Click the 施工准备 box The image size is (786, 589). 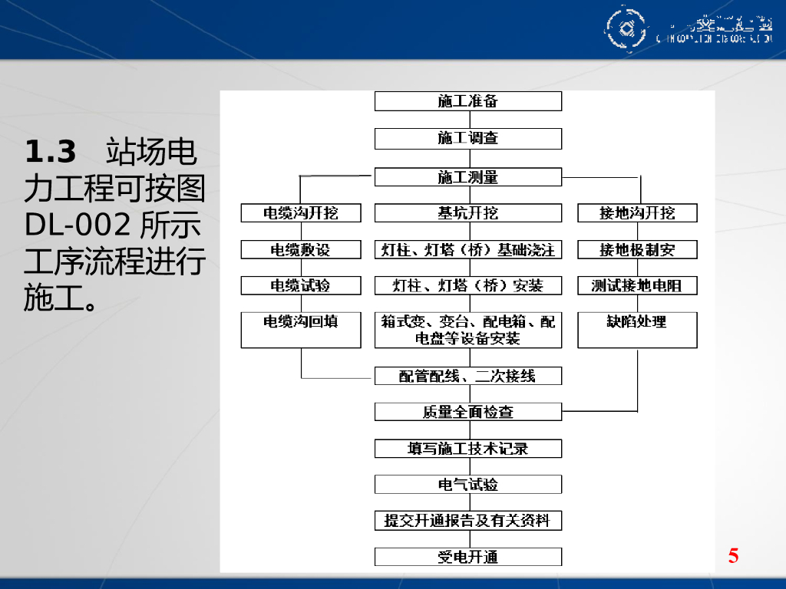click(468, 101)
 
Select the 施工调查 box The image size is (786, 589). click(468, 138)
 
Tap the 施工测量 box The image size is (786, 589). click(468, 177)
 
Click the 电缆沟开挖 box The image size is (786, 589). click(301, 213)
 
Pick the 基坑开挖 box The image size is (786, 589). click(468, 213)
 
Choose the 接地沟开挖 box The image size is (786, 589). click(637, 213)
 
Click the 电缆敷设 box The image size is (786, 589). click(301, 249)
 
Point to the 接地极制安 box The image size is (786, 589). click(637, 249)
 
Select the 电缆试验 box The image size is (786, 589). click(301, 285)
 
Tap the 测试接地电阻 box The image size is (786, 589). click(637, 285)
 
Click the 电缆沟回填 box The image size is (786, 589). click(301, 330)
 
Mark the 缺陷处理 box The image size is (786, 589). click(637, 330)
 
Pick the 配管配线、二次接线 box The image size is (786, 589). click(468, 376)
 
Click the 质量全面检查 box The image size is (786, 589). click(468, 412)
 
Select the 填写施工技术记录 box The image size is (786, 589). click(468, 449)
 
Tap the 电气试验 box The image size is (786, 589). click(468, 485)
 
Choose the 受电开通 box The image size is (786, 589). click(468, 557)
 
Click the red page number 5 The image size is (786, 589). click(734, 556)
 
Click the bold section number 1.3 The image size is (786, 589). click(51, 152)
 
